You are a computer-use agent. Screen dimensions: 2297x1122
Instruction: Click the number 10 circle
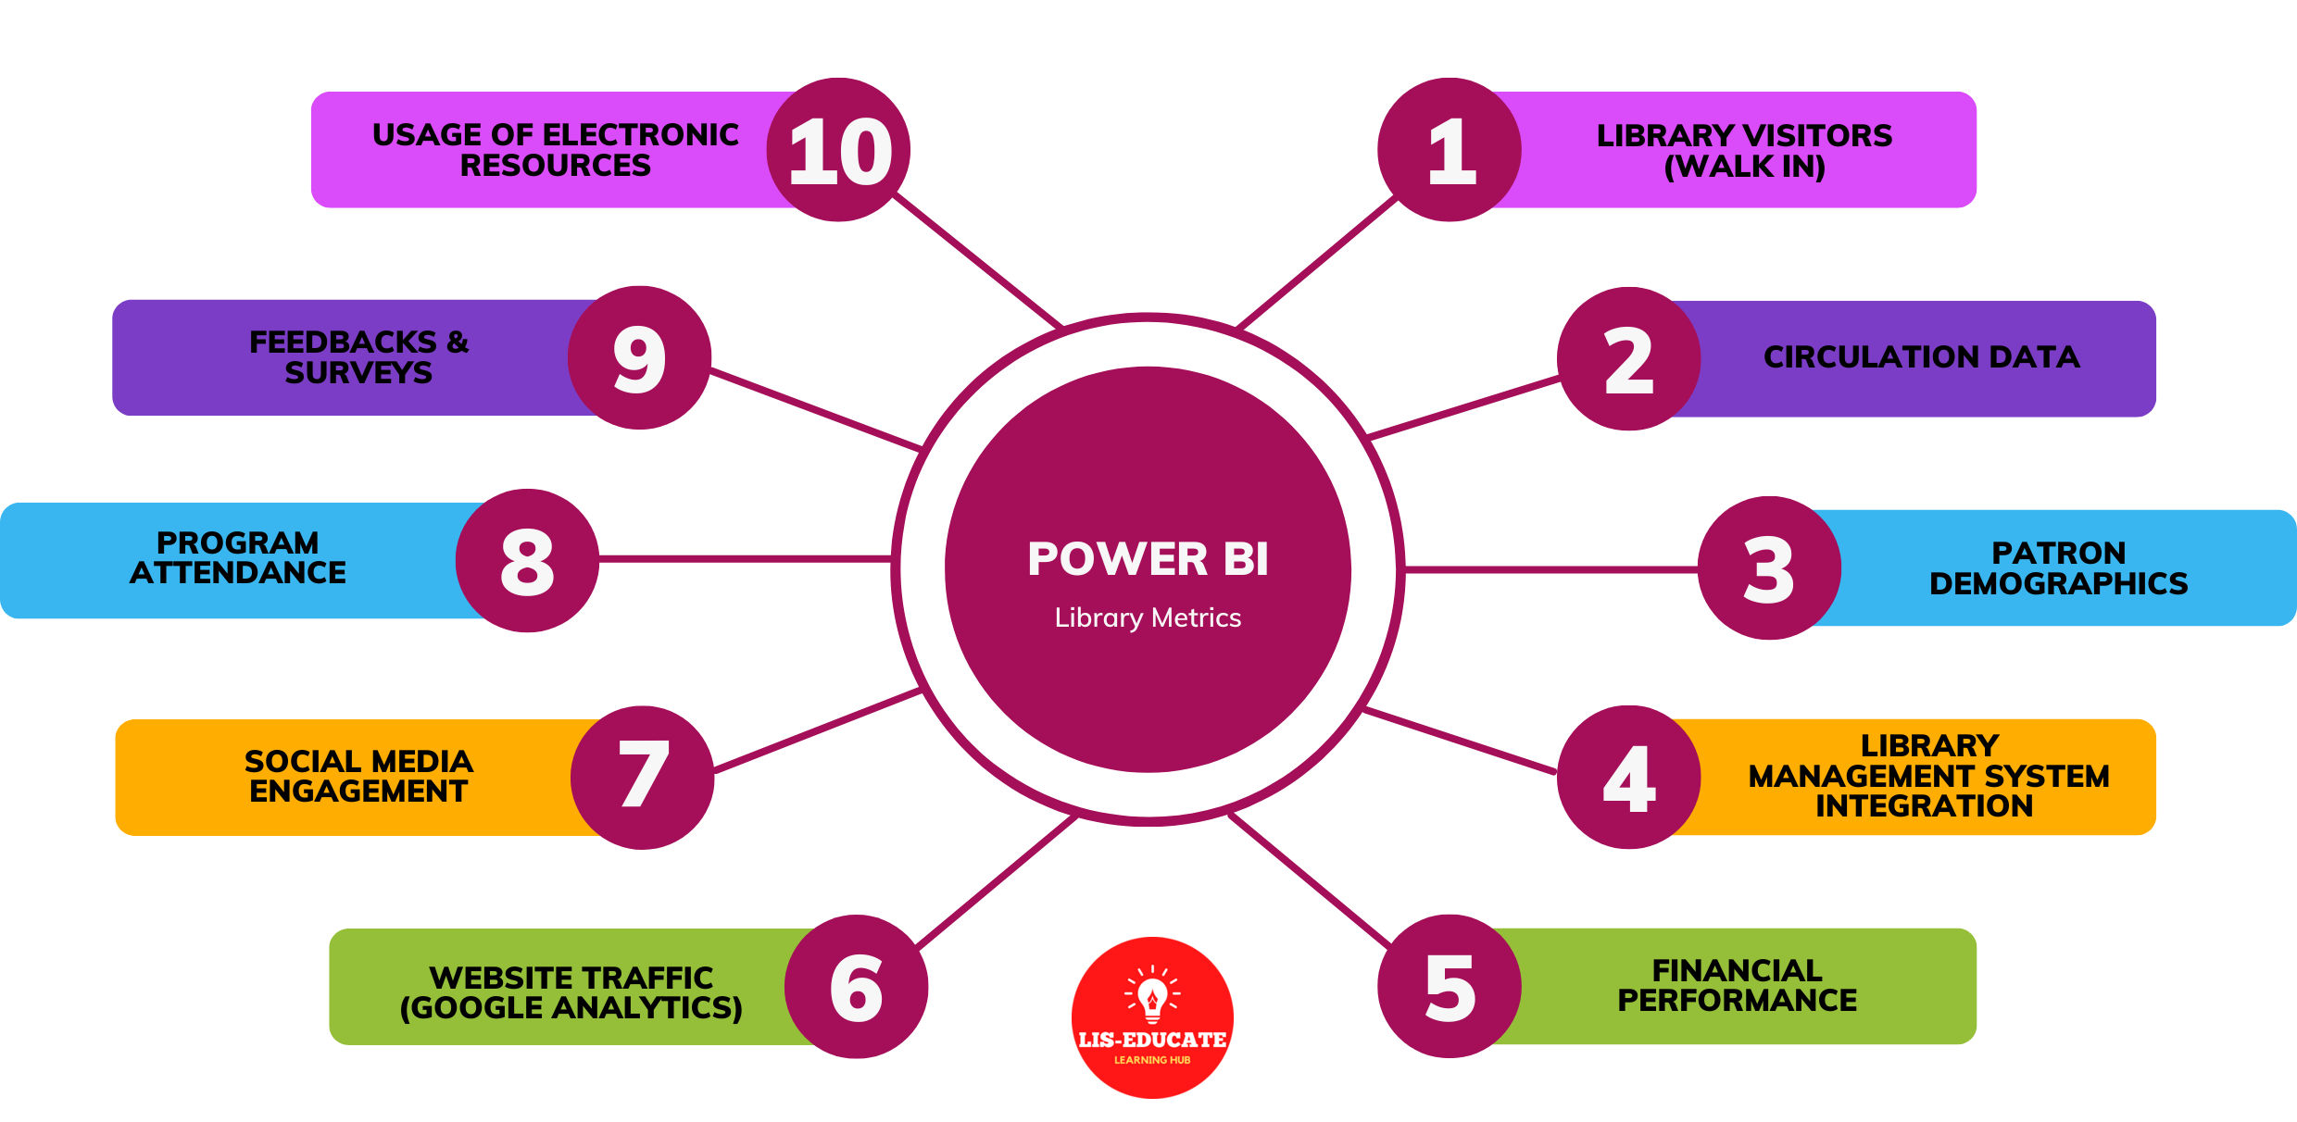838,150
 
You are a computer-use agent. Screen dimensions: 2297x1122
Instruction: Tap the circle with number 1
1450,150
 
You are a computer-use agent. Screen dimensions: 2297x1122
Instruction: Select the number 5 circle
1450,987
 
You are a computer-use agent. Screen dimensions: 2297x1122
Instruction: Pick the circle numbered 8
527,561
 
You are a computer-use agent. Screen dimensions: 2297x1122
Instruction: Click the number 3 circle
1769,568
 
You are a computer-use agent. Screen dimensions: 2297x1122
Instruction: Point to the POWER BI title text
1148,559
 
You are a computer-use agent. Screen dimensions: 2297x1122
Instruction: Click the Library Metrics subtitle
1148,617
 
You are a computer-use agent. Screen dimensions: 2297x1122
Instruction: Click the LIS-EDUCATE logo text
1152,1040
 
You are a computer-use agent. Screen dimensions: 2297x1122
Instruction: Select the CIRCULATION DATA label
1921,357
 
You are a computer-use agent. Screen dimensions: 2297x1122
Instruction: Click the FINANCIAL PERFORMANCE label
1737,986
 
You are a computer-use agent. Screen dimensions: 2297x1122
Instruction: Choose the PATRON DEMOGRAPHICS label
2058,568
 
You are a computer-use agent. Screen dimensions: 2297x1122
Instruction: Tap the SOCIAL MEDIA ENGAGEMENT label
358,777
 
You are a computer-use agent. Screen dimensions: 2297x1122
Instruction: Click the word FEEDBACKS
343,343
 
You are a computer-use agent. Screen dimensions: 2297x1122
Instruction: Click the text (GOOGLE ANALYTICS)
571,1008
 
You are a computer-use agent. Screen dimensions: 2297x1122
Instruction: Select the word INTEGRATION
1924,806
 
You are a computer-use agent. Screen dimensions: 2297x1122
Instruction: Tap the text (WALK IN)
1744,167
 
